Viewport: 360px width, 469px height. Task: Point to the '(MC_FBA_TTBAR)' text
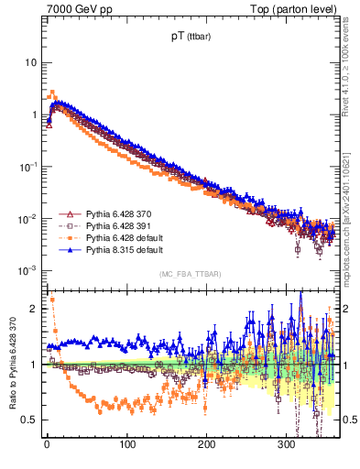coord(190,274)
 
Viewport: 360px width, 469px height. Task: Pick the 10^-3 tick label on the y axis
coord(28,270)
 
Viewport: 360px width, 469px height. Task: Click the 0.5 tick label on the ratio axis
coord(29,420)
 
